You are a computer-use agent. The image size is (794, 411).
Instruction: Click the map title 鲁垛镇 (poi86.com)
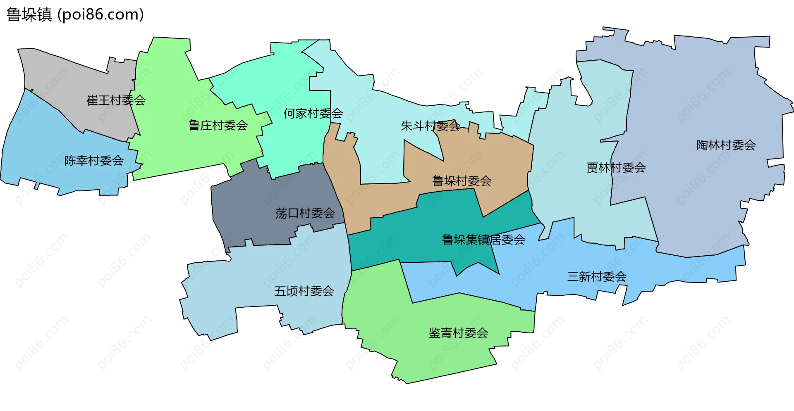(x=75, y=15)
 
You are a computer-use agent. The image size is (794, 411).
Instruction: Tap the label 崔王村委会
(x=116, y=100)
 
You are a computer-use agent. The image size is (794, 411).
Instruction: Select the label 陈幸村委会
(x=94, y=160)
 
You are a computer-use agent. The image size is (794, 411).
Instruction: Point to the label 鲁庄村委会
(x=218, y=125)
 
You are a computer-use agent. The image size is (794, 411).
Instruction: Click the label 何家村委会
(x=313, y=113)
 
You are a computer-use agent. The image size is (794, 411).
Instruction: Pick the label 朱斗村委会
(x=430, y=126)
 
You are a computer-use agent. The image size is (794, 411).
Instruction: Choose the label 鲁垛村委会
(x=462, y=181)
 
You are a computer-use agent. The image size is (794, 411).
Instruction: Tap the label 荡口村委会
(x=305, y=213)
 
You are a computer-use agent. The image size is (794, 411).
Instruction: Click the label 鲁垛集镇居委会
(x=483, y=240)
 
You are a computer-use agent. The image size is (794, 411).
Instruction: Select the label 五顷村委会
(x=304, y=291)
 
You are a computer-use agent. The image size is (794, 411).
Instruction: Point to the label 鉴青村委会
(x=458, y=333)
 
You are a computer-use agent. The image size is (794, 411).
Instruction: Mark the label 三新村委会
(x=597, y=276)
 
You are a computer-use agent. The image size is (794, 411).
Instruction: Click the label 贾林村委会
(x=616, y=168)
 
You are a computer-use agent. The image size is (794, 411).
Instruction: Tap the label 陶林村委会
(x=726, y=145)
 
